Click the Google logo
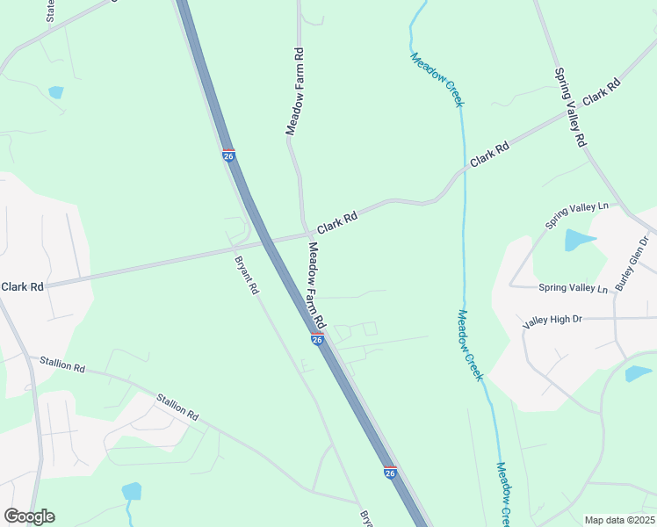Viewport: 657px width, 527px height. (x=29, y=516)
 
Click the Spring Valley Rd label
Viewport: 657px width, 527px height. (x=569, y=107)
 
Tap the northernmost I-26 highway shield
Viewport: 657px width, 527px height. (x=228, y=155)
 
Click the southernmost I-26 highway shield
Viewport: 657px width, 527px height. (x=390, y=473)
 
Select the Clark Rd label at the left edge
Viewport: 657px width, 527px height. (x=23, y=287)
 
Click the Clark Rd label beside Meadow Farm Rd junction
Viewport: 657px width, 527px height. (x=337, y=221)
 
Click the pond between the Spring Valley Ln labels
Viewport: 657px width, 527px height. (x=579, y=239)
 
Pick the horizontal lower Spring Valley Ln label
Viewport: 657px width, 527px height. (x=573, y=288)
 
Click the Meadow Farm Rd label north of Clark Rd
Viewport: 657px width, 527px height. (x=295, y=91)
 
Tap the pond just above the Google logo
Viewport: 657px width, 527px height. (x=132, y=490)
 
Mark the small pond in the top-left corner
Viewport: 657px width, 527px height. (x=56, y=91)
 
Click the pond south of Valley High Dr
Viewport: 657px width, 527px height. (x=638, y=373)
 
